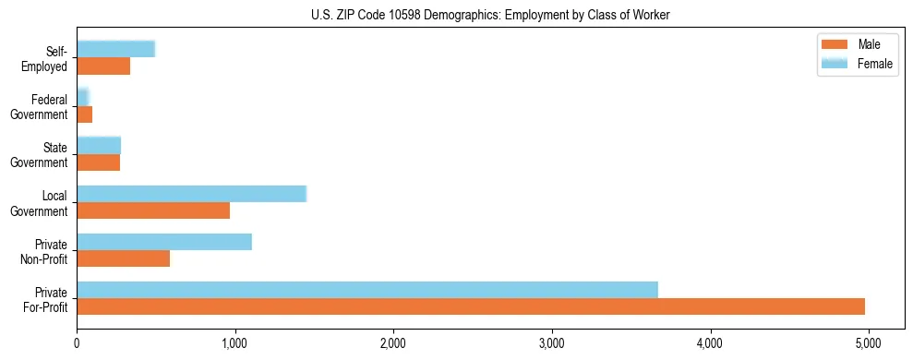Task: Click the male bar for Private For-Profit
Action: click(471, 306)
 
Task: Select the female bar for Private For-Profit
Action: click(367, 290)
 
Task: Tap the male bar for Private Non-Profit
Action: click(123, 258)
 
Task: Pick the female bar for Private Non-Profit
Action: click(164, 242)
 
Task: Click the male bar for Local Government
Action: click(153, 210)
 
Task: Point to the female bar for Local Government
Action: click(191, 194)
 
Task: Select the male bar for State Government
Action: click(98, 162)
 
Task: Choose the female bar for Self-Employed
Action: click(115, 50)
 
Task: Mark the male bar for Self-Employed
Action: click(103, 66)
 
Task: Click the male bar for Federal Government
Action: click(84, 114)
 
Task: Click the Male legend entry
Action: click(858, 44)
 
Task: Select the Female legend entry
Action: click(858, 64)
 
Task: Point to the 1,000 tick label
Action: click(235, 344)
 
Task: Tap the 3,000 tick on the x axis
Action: click(552, 344)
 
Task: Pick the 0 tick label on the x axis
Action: click(77, 344)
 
